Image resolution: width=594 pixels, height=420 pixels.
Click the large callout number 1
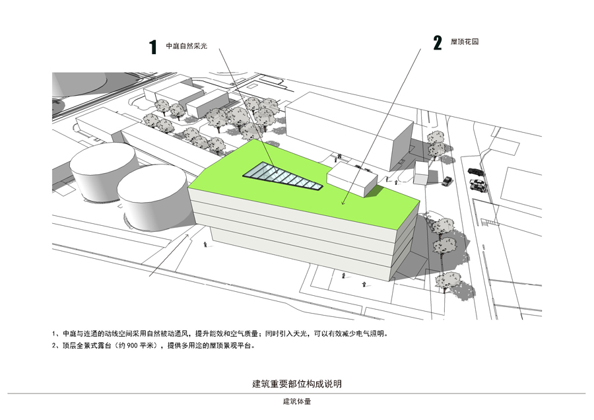[152, 46]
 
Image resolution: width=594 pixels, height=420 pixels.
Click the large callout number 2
[437, 44]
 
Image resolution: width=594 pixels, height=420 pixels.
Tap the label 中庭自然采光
[186, 46]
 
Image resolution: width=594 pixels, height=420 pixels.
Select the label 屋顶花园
[465, 42]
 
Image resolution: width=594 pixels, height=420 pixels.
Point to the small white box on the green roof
[351, 178]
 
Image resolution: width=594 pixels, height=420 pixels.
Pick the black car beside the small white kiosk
[447, 180]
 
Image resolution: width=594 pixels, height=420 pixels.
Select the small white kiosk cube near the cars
[422, 173]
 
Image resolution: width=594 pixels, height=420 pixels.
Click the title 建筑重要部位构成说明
[297, 384]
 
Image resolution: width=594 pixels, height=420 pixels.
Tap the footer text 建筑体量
[297, 402]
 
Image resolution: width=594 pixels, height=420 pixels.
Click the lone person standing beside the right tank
[206, 245]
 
